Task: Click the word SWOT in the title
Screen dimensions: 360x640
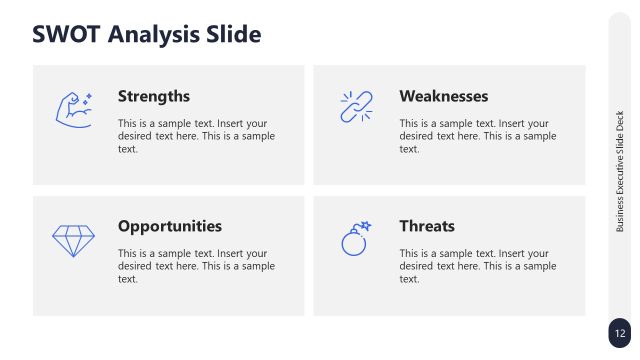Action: [x=66, y=34]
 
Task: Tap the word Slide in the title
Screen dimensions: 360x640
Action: [x=232, y=34]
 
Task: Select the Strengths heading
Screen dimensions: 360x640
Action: [x=153, y=96]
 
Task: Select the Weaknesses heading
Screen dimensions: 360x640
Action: [x=443, y=96]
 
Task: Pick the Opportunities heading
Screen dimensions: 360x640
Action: [x=169, y=226]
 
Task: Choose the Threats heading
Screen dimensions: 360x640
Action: [x=426, y=226]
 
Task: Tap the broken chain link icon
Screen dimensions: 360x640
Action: [x=355, y=107]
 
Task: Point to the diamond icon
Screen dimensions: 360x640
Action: [x=73, y=240]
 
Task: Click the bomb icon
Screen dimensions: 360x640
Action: [x=355, y=241]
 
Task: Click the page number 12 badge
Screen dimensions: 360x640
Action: [x=620, y=333]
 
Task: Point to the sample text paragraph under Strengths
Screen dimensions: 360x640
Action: [x=196, y=135]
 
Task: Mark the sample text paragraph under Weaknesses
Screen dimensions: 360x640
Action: [x=477, y=135]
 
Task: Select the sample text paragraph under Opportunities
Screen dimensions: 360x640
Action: [x=196, y=266]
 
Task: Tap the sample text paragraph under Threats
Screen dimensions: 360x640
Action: [x=477, y=266]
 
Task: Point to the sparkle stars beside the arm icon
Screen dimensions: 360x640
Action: [x=87, y=97]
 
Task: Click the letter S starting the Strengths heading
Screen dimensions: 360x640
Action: [x=123, y=96]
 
